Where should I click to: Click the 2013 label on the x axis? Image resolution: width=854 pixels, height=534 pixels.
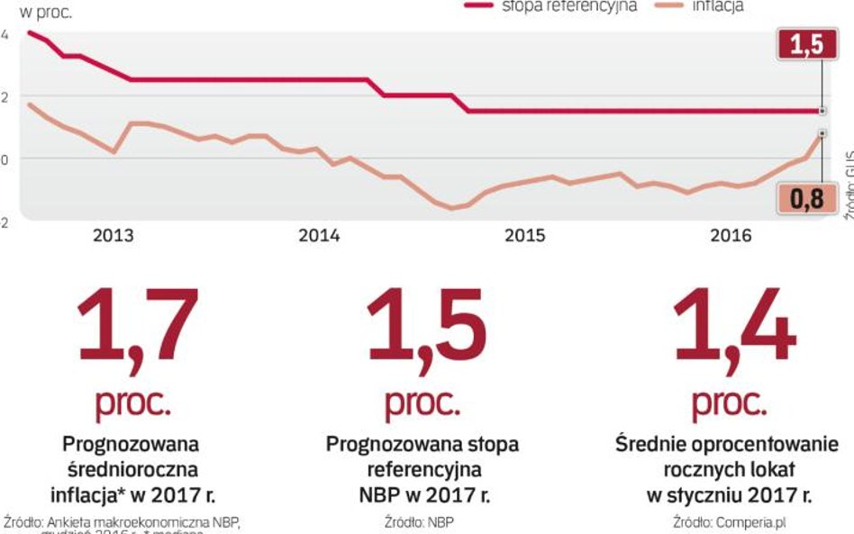click(114, 236)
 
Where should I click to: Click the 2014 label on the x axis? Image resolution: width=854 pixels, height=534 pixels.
click(319, 236)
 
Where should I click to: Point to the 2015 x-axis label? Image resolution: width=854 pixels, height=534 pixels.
click(525, 236)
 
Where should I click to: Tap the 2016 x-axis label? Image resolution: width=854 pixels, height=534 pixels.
click(731, 236)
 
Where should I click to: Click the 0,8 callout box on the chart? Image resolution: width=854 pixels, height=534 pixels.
click(801, 198)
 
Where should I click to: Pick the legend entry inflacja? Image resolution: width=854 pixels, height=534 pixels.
click(718, 6)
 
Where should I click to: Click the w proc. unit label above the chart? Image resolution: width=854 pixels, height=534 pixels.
click(41, 13)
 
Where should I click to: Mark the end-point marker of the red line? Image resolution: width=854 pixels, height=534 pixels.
click(822, 111)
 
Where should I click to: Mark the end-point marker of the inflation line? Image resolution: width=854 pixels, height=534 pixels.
click(822, 133)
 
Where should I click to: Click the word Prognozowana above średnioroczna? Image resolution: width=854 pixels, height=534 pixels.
click(131, 444)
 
